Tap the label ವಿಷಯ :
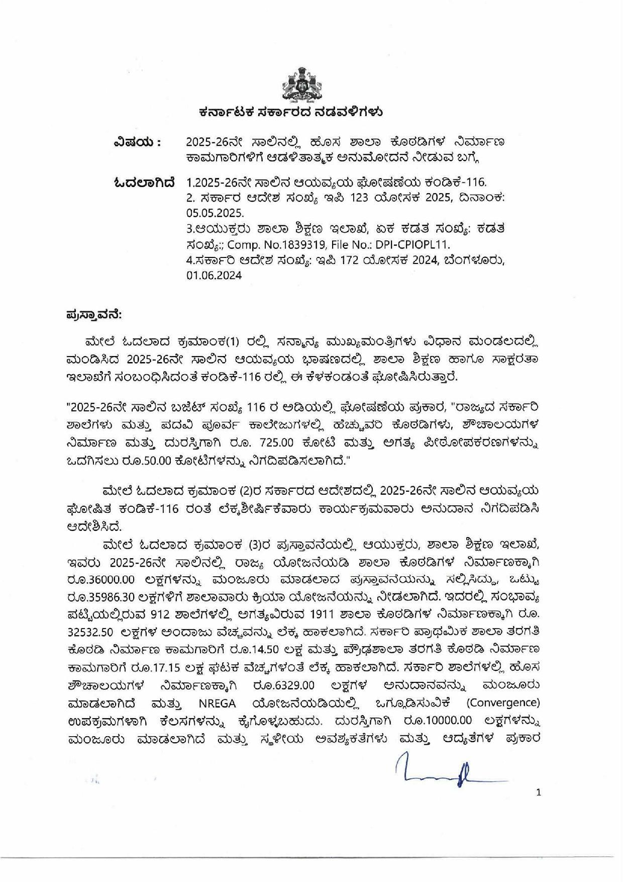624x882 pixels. click(137, 143)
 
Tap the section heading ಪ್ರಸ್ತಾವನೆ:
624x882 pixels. click(93, 315)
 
